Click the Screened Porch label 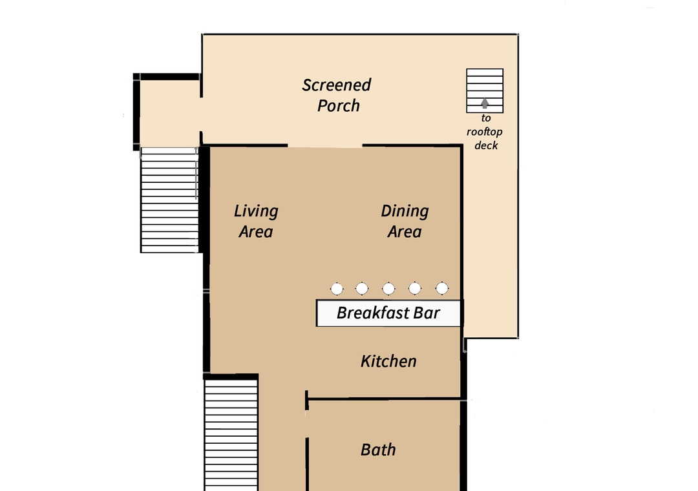point(337,95)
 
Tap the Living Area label point(256,221)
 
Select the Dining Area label point(405,221)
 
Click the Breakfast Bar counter point(388,313)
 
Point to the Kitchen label point(388,361)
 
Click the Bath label point(378,450)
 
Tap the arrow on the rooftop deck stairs point(485,103)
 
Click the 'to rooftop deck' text point(485,132)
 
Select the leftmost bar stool point(337,289)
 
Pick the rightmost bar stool point(442,288)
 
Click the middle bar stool point(388,289)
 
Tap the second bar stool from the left point(362,289)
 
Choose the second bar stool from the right point(415,288)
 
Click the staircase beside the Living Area point(169,200)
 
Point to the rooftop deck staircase point(485,91)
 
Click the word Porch point(338,106)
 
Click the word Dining point(405,211)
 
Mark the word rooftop point(485,132)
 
